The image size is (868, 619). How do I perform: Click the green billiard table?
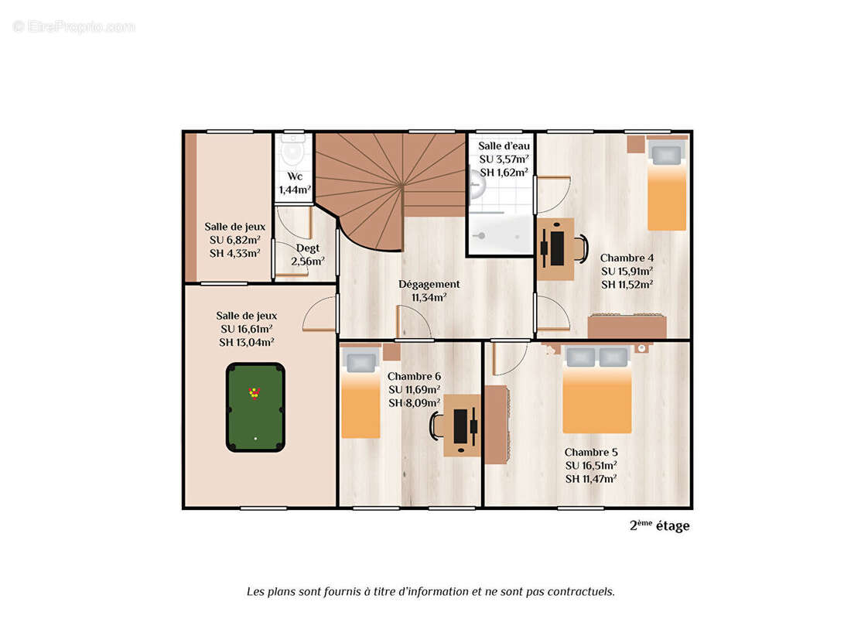[255, 407]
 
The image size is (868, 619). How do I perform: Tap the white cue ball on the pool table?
[255, 439]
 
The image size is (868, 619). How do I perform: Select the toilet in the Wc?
[292, 151]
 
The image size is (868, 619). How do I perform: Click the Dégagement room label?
[429, 284]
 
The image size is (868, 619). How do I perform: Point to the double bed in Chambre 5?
[596, 390]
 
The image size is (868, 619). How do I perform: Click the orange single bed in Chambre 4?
[667, 185]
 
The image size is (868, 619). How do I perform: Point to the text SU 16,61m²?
[246, 329]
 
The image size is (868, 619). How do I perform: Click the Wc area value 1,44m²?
[295, 190]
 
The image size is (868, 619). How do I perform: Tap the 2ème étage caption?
[659, 525]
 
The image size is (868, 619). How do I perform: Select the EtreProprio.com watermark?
[73, 26]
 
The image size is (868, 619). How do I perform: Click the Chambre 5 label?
[591, 452]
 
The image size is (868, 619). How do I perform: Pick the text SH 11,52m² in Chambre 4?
[627, 285]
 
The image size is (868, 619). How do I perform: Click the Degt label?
[308, 248]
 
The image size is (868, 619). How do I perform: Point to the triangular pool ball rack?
[254, 393]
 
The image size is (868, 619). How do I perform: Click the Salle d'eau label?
[504, 145]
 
